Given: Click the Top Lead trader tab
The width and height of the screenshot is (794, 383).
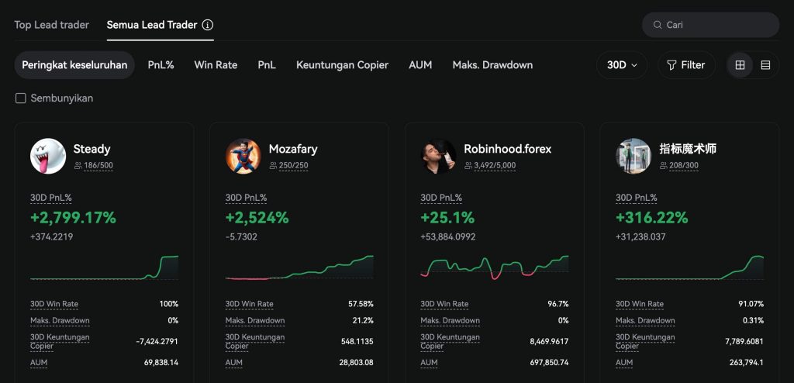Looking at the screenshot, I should pos(51,25).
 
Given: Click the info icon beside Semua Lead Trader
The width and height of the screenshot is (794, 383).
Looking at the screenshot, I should pos(208,25).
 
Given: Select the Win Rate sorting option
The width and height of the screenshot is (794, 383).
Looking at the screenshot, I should pos(216,65).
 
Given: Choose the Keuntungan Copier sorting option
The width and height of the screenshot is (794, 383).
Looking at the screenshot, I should pos(342,65).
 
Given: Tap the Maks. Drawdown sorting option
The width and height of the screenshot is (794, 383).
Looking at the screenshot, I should pos(492,65).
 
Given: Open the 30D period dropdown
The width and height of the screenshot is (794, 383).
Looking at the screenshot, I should pos(622,65).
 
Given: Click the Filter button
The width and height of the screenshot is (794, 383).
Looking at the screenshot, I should pos(686,65).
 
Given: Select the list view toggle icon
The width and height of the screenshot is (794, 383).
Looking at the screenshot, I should pos(765,65).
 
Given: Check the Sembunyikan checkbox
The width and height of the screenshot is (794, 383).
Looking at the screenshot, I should pos(21,98).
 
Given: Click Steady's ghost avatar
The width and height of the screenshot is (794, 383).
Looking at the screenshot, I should pos(48,156).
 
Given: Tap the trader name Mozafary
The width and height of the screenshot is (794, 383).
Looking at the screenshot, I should pos(293,149).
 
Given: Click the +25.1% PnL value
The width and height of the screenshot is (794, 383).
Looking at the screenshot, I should pos(447,218).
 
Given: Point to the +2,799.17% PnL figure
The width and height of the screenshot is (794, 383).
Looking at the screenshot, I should pos(73,218).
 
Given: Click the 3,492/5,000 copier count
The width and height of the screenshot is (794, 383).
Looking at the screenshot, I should pos(495,166).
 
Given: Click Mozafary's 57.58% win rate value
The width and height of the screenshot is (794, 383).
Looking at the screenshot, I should pos(361,304).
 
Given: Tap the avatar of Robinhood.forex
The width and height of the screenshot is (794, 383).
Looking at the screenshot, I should pos(438,156).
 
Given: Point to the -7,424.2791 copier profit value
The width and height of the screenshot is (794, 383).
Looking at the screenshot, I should pos(157,341).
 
